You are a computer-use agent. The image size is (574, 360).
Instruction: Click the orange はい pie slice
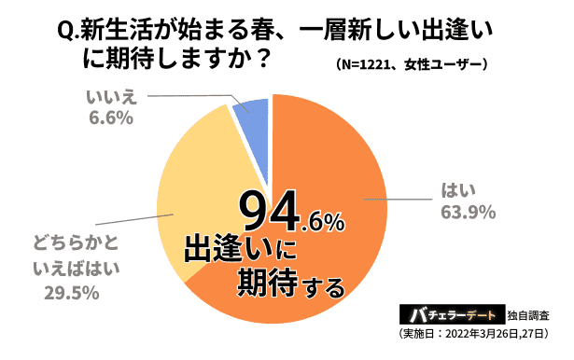336,159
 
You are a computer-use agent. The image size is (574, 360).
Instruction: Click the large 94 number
270,214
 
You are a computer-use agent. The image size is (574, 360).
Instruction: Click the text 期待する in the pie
277,280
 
